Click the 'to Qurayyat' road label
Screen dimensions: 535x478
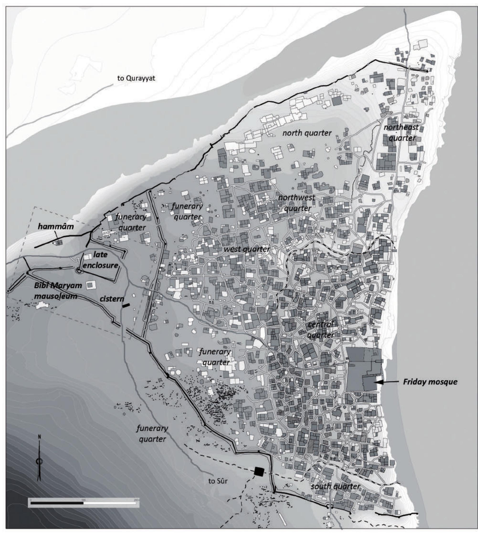136,78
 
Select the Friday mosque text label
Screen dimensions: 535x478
430,382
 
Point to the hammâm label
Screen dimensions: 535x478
56,227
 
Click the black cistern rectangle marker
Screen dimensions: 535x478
126,305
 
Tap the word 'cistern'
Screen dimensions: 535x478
112,299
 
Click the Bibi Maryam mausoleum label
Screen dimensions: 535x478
58,291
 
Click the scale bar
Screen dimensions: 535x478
83,503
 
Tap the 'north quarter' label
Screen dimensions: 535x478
307,133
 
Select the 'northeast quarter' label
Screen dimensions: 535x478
401,133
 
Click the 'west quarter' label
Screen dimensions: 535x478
247,249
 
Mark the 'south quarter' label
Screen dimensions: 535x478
335,486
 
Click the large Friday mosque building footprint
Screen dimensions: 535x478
363,369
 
